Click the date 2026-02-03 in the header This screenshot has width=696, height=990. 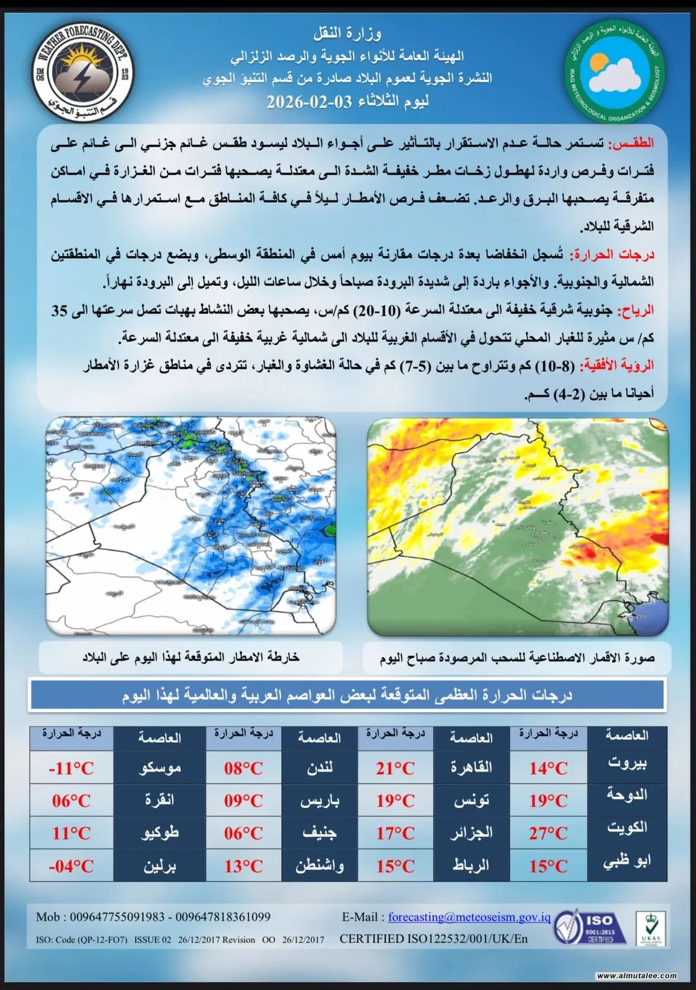(301, 101)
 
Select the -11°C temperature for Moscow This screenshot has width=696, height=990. (71, 768)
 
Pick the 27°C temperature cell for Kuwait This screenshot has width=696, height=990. (548, 833)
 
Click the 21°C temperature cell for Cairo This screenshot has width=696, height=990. (395, 768)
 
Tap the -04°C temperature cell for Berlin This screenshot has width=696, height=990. (71, 866)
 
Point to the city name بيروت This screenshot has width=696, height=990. (627, 762)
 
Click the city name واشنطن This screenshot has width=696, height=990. (319, 865)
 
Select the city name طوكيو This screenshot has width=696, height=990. (160, 832)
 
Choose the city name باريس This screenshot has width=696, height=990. (320, 801)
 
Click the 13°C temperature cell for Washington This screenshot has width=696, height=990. (243, 866)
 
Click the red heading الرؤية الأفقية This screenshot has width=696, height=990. (616, 366)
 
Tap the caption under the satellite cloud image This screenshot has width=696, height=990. (517, 658)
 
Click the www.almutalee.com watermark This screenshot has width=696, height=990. (637, 976)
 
